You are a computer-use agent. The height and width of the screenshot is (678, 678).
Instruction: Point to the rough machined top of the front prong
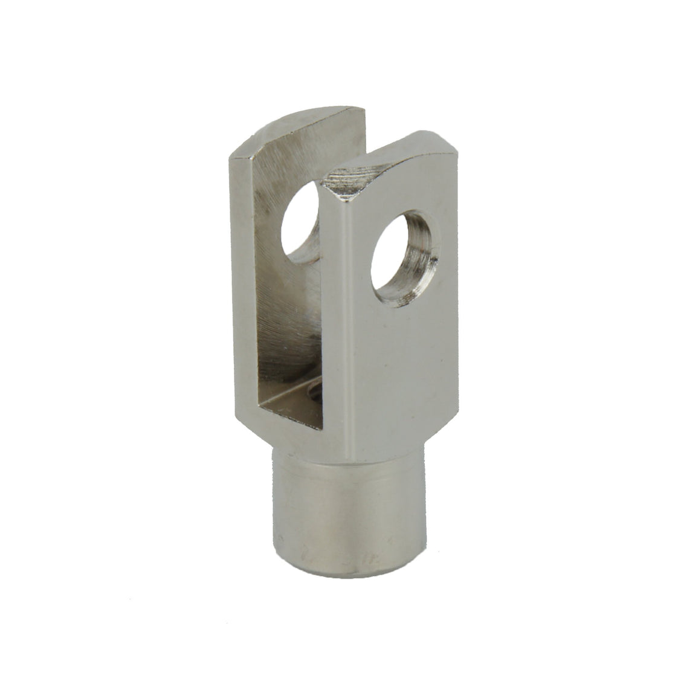pyautogui.click(x=363, y=169)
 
